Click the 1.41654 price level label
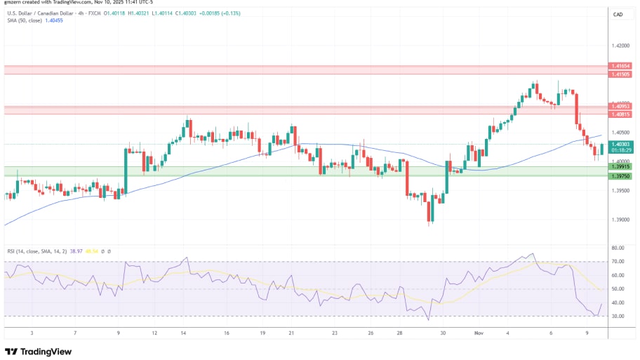tap(621, 65)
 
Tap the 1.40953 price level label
tap(621, 107)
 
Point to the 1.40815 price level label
tap(621, 114)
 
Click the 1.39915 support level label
tap(621, 166)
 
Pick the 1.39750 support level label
tap(621, 175)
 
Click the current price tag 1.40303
tap(621, 144)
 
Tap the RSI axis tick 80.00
tap(618, 248)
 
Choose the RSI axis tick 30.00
tap(618, 316)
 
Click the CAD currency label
tap(618, 14)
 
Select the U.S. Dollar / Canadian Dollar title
tap(42, 13)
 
